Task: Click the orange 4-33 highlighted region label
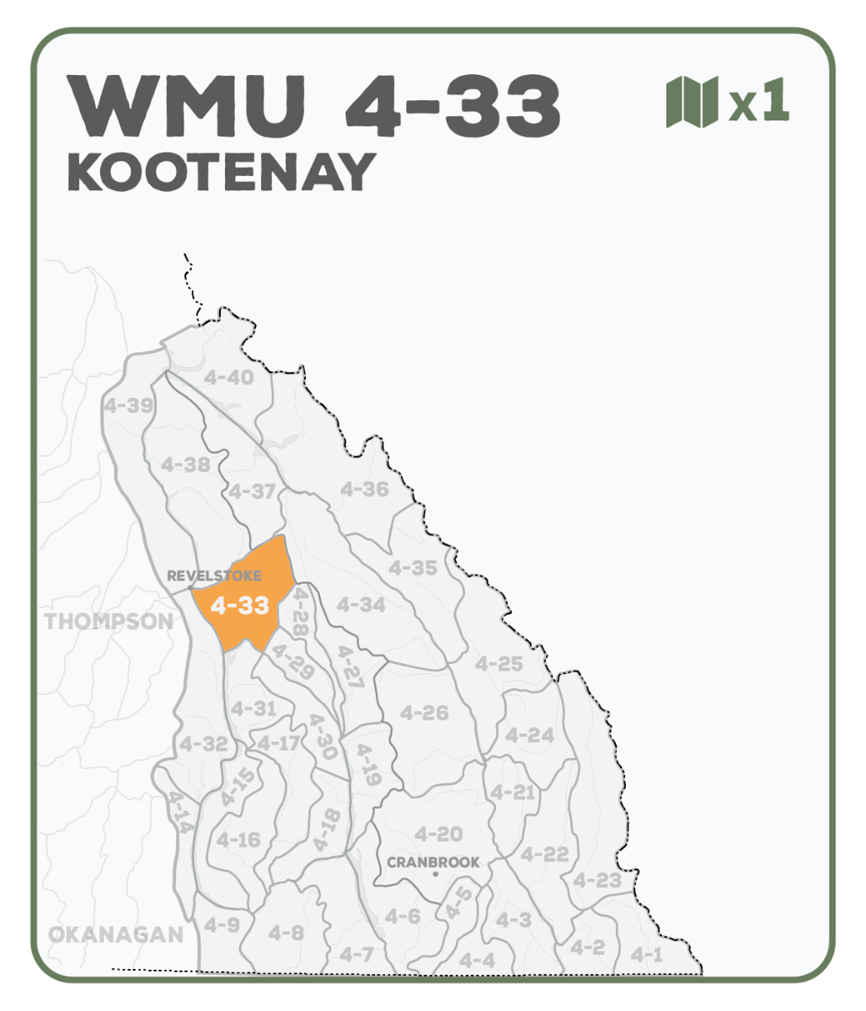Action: click(x=240, y=606)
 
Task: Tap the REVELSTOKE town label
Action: click(x=214, y=576)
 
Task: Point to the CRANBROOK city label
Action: click(x=433, y=862)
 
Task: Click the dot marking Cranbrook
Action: click(x=435, y=875)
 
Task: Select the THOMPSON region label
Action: click(x=109, y=622)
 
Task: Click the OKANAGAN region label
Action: click(x=115, y=934)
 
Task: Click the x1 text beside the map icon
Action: click(x=760, y=103)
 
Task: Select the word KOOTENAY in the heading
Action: click(x=221, y=173)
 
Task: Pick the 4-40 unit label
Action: click(x=228, y=377)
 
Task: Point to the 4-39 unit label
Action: click(x=128, y=405)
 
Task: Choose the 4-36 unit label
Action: click(x=364, y=489)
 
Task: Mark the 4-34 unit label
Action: click(x=361, y=604)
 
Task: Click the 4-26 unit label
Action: click(x=424, y=713)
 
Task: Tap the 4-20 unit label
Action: click(x=438, y=834)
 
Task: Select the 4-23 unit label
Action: click(x=597, y=880)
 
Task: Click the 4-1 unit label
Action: click(x=647, y=955)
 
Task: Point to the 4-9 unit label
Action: click(x=222, y=925)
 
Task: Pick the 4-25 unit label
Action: click(x=499, y=664)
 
